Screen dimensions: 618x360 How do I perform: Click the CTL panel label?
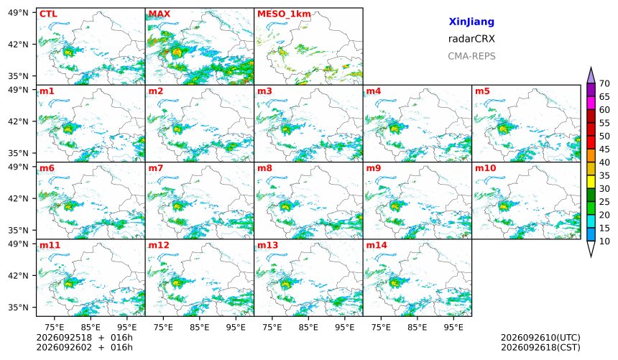(x=48, y=14)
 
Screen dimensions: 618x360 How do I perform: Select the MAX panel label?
(x=160, y=14)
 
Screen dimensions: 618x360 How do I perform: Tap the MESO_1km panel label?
(x=284, y=14)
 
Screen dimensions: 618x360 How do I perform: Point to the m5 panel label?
(x=482, y=91)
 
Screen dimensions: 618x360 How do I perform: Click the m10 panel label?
(x=485, y=168)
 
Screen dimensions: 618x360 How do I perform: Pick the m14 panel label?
(x=377, y=245)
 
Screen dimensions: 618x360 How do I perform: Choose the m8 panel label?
(x=264, y=168)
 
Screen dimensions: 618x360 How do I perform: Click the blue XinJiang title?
(x=471, y=22)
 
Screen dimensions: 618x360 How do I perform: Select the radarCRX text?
(x=471, y=39)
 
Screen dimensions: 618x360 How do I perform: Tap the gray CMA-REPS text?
(x=471, y=56)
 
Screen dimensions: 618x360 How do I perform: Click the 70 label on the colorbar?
(x=604, y=83)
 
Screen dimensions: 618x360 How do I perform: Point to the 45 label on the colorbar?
(x=604, y=149)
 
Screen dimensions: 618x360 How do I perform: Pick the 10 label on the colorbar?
(x=604, y=241)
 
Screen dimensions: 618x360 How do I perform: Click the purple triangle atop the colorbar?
(x=591, y=76)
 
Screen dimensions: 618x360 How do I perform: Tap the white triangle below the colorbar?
(x=591, y=248)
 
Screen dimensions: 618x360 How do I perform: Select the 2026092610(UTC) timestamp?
(x=540, y=338)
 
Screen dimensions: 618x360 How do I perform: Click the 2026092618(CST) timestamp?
(x=540, y=348)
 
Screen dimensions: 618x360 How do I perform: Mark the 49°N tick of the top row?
(x=18, y=13)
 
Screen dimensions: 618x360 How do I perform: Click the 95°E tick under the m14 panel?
(x=453, y=327)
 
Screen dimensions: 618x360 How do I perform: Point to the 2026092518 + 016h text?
(x=84, y=338)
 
